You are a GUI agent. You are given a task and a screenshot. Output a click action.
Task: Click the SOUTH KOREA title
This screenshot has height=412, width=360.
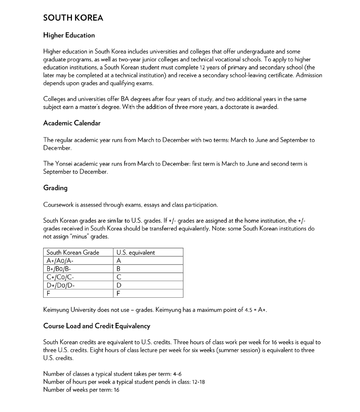73,18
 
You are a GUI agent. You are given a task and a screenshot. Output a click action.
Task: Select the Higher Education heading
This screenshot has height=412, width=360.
69,35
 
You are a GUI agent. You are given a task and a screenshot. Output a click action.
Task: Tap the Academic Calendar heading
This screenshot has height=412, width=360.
71,123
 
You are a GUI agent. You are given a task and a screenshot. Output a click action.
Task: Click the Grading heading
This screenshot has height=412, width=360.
55,188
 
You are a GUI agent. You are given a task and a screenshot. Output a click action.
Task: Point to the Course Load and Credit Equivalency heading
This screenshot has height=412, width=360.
97,326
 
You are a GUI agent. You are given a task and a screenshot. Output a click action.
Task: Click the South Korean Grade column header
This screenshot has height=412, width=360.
73,253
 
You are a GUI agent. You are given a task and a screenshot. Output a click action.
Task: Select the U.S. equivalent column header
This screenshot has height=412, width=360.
135,253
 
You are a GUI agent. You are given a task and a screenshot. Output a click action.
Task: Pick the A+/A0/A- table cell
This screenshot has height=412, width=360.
60,261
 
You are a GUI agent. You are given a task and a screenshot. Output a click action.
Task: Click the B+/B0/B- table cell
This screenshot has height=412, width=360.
59,269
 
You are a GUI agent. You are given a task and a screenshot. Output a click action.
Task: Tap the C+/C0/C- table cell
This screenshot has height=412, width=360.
59,277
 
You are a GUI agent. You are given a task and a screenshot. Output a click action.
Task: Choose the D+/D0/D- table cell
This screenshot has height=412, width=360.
60,285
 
